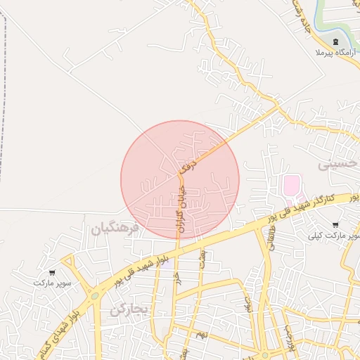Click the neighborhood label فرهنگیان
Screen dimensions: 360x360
(115, 229)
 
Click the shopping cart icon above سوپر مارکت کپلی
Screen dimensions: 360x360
(334, 225)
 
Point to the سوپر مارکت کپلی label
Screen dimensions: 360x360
(333, 236)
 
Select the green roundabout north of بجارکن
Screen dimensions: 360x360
(94, 296)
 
